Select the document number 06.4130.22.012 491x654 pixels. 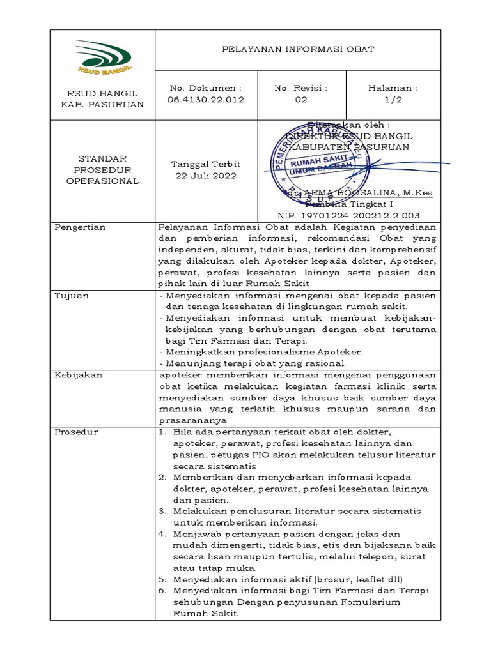205,100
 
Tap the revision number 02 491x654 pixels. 300,100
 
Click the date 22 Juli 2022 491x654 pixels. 205,176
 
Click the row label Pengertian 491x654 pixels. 80,227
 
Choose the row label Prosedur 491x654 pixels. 76,432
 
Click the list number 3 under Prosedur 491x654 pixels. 162,512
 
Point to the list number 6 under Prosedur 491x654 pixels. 162,591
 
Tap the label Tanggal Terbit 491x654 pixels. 205,164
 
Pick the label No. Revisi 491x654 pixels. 300,88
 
